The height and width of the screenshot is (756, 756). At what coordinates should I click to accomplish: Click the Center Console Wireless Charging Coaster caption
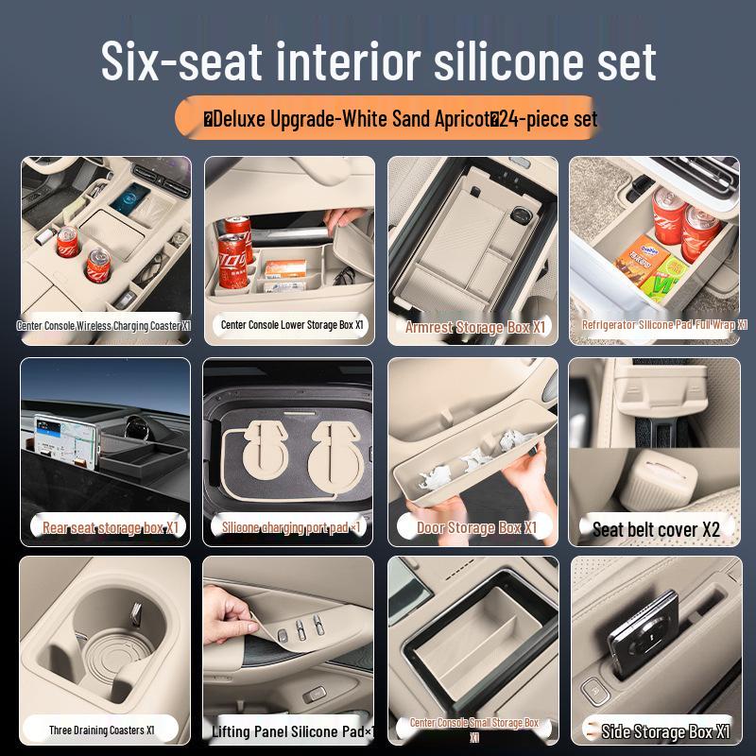[104, 325]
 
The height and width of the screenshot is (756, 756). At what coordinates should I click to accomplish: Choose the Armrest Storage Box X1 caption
[475, 327]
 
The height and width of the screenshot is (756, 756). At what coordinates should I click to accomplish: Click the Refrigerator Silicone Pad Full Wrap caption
[664, 325]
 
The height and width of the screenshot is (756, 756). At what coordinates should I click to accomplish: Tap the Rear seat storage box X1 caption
[111, 527]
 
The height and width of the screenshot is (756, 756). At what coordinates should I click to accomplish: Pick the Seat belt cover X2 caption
[656, 529]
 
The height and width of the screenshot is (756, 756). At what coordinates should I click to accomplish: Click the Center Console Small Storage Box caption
[474, 729]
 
